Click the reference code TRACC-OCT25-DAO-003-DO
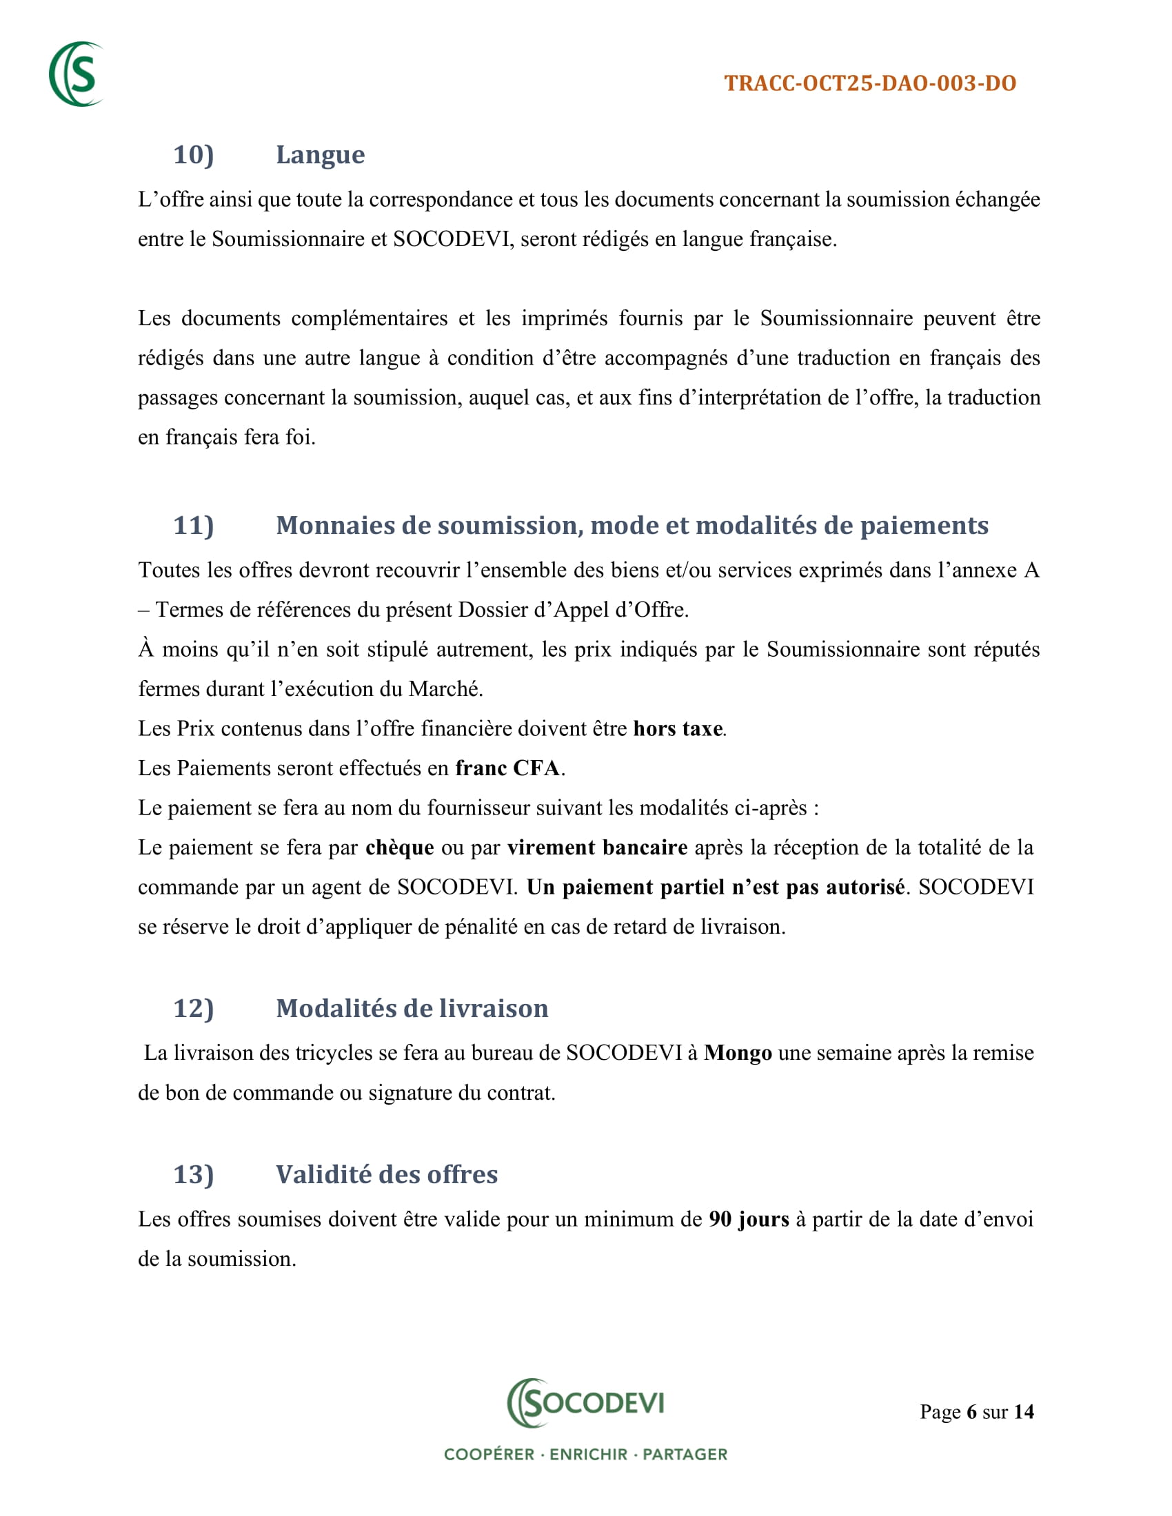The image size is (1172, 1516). pyautogui.click(x=870, y=83)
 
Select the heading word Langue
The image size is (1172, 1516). pyautogui.click(x=320, y=155)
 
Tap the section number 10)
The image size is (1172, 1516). pyautogui.click(x=193, y=155)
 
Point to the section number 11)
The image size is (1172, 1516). pyautogui.click(x=193, y=526)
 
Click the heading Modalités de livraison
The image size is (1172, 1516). pyautogui.click(x=412, y=1009)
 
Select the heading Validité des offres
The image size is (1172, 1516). pyautogui.click(x=387, y=1174)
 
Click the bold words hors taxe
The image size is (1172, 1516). pyautogui.click(x=678, y=729)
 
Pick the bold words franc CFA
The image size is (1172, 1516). pyautogui.click(x=507, y=768)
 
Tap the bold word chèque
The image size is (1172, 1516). pyautogui.click(x=400, y=848)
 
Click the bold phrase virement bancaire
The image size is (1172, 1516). pyautogui.click(x=597, y=848)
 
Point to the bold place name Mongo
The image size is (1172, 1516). pyautogui.click(x=738, y=1053)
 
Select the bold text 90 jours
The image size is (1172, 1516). pyautogui.click(x=749, y=1220)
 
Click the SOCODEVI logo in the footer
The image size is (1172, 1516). pyautogui.click(x=585, y=1403)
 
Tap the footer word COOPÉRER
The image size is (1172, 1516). pyautogui.click(x=489, y=1454)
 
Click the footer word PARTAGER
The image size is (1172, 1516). pyautogui.click(x=685, y=1454)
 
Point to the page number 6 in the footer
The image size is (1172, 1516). pyautogui.click(x=971, y=1412)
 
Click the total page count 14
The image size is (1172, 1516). pyautogui.click(x=1023, y=1412)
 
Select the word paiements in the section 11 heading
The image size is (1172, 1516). pyautogui.click(x=924, y=526)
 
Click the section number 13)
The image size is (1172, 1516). pyautogui.click(x=193, y=1174)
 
